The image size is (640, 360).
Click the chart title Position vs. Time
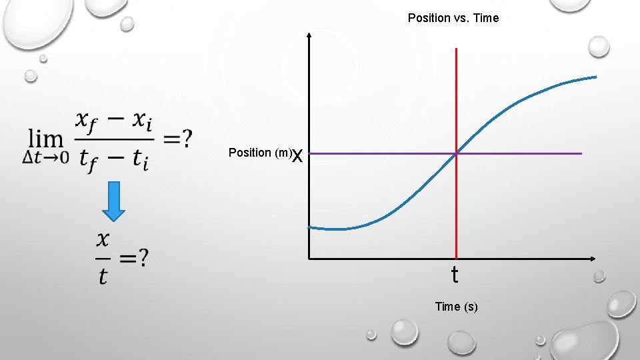(x=453, y=18)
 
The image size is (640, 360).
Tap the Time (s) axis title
(x=456, y=307)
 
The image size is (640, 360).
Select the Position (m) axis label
(x=259, y=153)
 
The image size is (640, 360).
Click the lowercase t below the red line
(x=455, y=275)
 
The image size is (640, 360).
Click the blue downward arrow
(x=115, y=201)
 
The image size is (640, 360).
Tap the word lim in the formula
(x=45, y=139)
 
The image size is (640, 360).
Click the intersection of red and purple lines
(x=456, y=154)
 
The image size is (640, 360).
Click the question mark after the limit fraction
(x=187, y=139)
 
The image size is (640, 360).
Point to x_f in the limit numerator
(x=89, y=121)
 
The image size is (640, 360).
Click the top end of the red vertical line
(x=456, y=49)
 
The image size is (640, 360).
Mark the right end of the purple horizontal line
(x=581, y=154)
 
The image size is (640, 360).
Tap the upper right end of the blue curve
(x=595, y=77)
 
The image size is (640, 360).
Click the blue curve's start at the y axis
(x=310, y=227)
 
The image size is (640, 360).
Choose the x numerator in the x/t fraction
(x=103, y=238)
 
